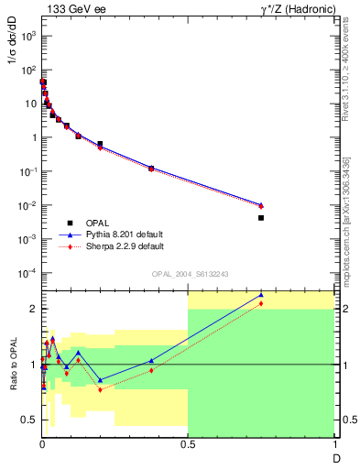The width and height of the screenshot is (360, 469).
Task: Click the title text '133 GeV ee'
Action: pyautogui.click(x=71, y=8)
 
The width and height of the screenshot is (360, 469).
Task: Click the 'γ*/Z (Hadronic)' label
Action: pyautogui.click(x=294, y=8)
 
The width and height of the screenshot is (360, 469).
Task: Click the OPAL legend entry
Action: pyautogui.click(x=99, y=223)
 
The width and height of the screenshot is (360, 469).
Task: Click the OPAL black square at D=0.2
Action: pyautogui.click(x=100, y=144)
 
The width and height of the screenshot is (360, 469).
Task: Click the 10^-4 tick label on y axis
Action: pyautogui.click(x=27, y=273)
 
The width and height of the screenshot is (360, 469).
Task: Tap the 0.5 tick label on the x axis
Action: pyautogui.click(x=188, y=443)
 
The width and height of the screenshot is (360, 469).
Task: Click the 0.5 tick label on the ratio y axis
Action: pyautogui.click(x=30, y=420)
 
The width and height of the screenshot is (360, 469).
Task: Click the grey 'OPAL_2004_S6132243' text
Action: pyautogui.click(x=189, y=273)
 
